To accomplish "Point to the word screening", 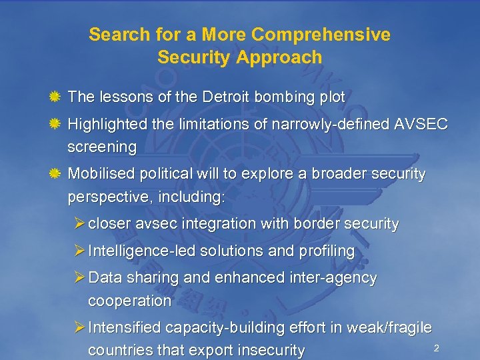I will coord(102,147).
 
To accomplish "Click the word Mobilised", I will coord(102,175).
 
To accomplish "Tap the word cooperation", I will coord(129,301).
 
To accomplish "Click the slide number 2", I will coord(436,348).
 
